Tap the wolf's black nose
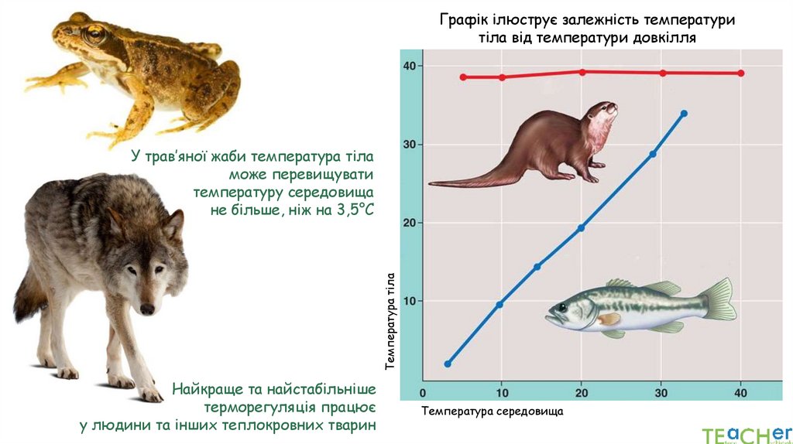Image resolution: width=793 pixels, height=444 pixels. pyautogui.click(x=146, y=309)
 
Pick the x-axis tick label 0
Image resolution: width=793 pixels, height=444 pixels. pyautogui.click(x=423, y=393)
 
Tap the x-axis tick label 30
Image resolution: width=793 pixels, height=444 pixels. pyautogui.click(x=661, y=393)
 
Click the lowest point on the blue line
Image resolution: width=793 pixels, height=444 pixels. pyautogui.click(x=448, y=364)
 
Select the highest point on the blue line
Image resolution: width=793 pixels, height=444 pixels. pyautogui.click(x=684, y=114)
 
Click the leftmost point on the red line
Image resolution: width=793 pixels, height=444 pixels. pyautogui.click(x=463, y=77)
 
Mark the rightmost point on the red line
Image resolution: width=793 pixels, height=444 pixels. pyautogui.click(x=741, y=73)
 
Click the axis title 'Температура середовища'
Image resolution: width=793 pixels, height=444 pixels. pyautogui.click(x=493, y=412)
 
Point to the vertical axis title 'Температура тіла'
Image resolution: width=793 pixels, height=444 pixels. pyautogui.click(x=390, y=320)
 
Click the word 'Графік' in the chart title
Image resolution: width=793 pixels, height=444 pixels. pyautogui.click(x=462, y=19)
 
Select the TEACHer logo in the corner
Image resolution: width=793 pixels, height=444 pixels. pyautogui.click(x=747, y=434)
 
